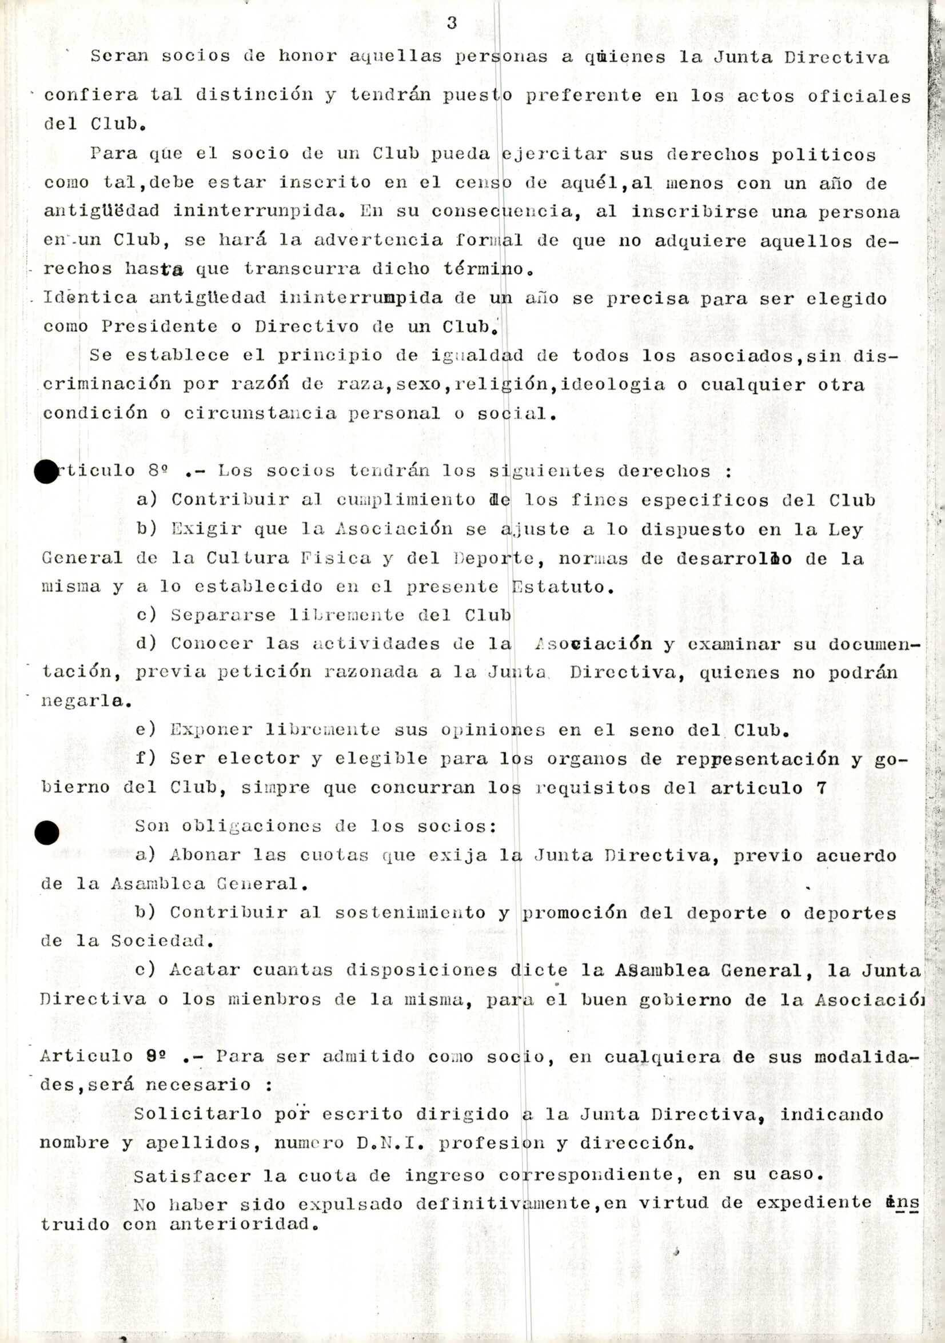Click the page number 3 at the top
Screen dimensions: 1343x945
[x=452, y=23]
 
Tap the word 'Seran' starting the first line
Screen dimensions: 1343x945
[x=119, y=56]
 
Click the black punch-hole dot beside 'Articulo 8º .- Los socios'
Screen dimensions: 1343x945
[x=46, y=472]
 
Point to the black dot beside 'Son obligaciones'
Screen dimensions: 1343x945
[x=46, y=832]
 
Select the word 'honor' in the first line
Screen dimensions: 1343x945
[x=308, y=56]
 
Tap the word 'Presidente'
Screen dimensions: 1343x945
[x=160, y=326]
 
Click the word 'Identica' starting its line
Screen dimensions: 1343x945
[x=90, y=297]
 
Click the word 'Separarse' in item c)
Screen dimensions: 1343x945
[x=223, y=615]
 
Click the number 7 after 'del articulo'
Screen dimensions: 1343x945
[x=822, y=788]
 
